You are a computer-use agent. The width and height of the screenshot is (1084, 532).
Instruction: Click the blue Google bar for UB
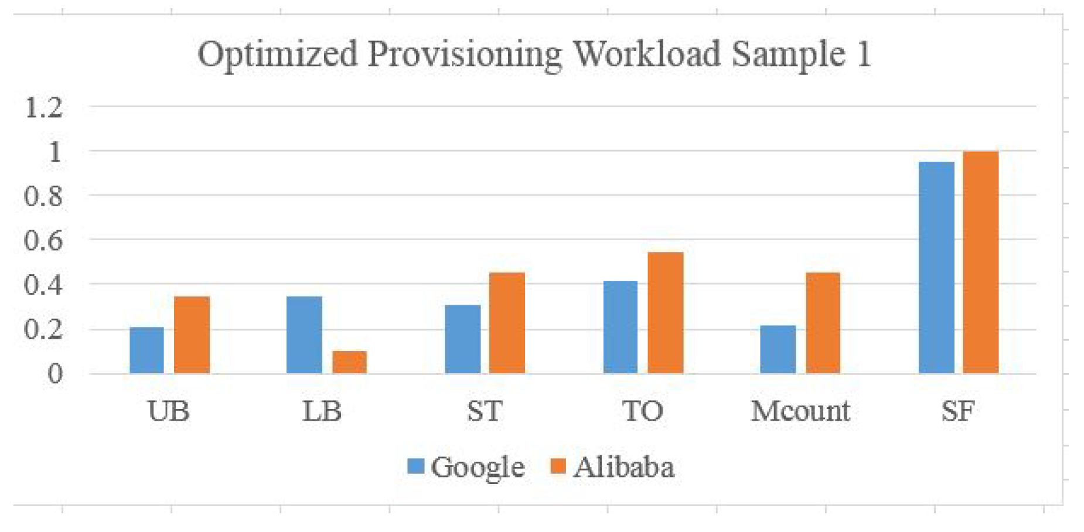point(146,350)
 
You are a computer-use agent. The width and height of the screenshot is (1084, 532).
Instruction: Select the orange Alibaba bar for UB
point(192,335)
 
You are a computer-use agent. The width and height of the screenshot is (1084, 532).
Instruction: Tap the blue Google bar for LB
point(304,335)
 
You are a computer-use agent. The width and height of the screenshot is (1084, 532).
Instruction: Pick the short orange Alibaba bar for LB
point(349,362)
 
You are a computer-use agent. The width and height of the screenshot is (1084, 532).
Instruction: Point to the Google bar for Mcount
point(778,349)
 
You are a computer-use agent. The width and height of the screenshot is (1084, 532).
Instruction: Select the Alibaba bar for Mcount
point(823,323)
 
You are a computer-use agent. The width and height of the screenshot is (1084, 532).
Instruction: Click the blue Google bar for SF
point(936,267)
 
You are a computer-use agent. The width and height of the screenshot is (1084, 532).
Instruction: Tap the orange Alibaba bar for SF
point(980,262)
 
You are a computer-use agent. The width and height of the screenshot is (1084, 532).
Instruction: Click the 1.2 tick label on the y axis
point(43,108)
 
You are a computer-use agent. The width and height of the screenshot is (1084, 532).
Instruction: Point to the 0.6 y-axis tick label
point(43,240)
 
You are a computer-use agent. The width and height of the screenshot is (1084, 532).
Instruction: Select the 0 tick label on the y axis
point(54,373)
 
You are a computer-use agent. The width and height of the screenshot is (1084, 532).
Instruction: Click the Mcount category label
point(800,411)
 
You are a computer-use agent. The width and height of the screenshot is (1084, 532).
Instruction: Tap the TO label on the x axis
point(643,411)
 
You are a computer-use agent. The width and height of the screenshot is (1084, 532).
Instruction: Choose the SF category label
point(957,411)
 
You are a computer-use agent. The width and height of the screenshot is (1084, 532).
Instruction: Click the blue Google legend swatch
point(415,466)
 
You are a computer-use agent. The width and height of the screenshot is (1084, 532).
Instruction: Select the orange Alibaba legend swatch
point(558,466)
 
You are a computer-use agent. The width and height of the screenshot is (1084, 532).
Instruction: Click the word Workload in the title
point(647,54)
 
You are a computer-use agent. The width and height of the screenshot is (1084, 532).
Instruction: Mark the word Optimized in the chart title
point(277,54)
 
